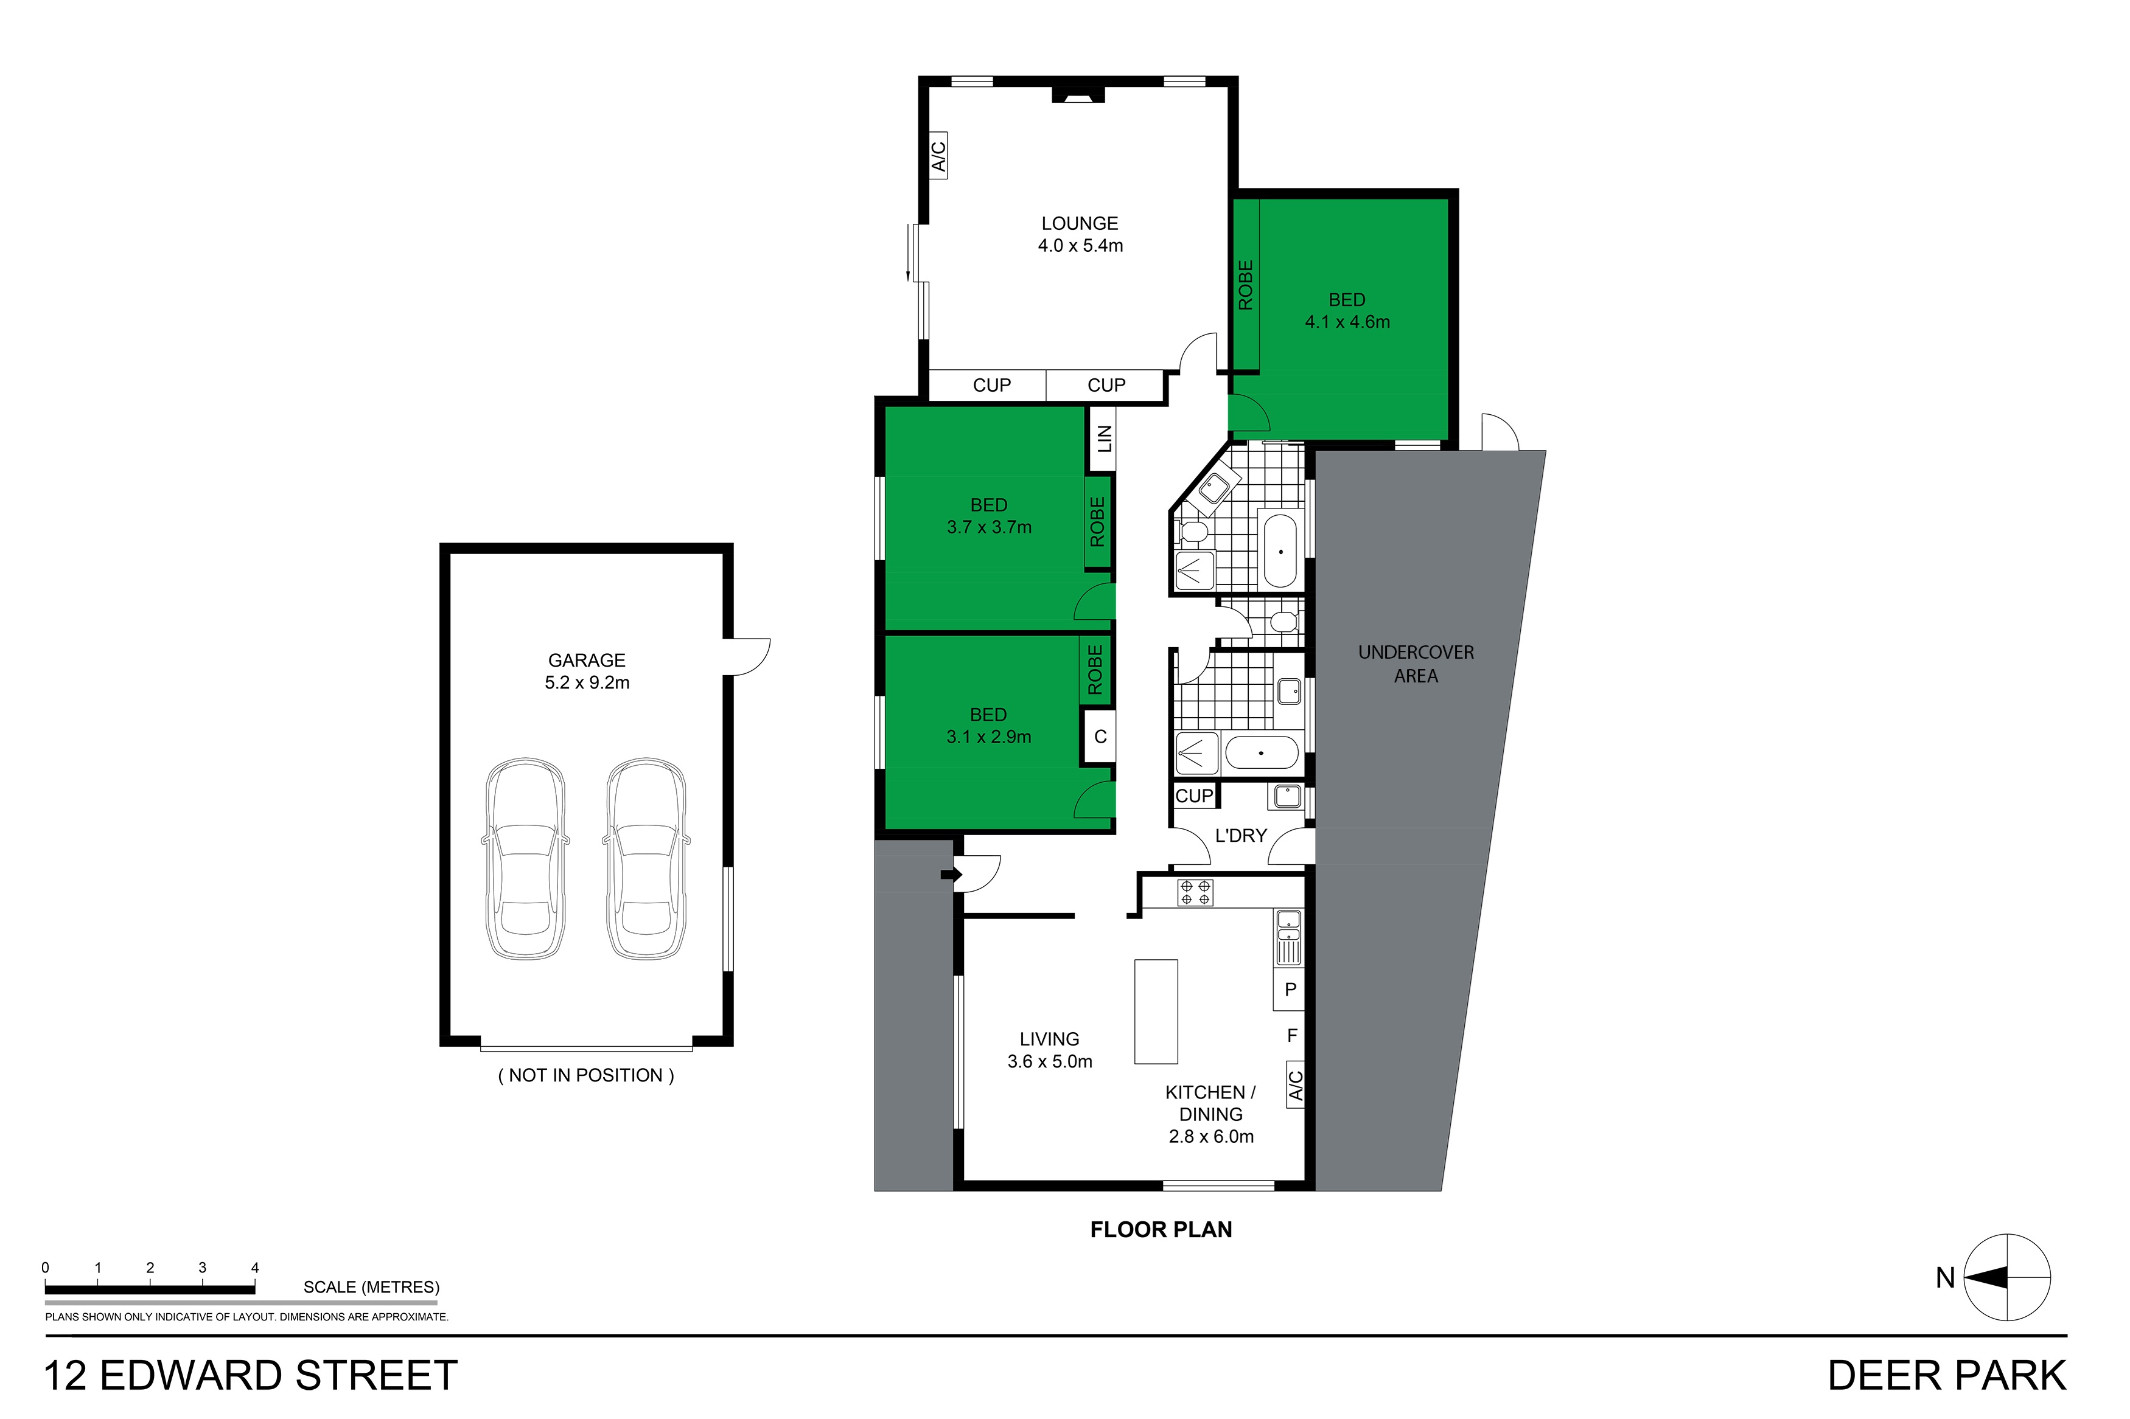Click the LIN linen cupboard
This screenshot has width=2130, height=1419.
(1103, 439)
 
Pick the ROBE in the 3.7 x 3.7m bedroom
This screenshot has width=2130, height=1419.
(1098, 522)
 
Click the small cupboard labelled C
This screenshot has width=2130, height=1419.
(1100, 737)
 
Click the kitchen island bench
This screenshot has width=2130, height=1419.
(1156, 1011)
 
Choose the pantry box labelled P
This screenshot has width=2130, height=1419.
(1290, 989)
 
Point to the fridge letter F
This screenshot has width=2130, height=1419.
(1292, 1035)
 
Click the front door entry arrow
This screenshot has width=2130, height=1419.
(951, 874)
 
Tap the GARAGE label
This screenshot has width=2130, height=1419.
(587, 661)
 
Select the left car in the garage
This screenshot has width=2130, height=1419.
(525, 859)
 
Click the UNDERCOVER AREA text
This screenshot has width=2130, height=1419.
(1416, 664)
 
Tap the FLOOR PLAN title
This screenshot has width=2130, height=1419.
(1161, 1229)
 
